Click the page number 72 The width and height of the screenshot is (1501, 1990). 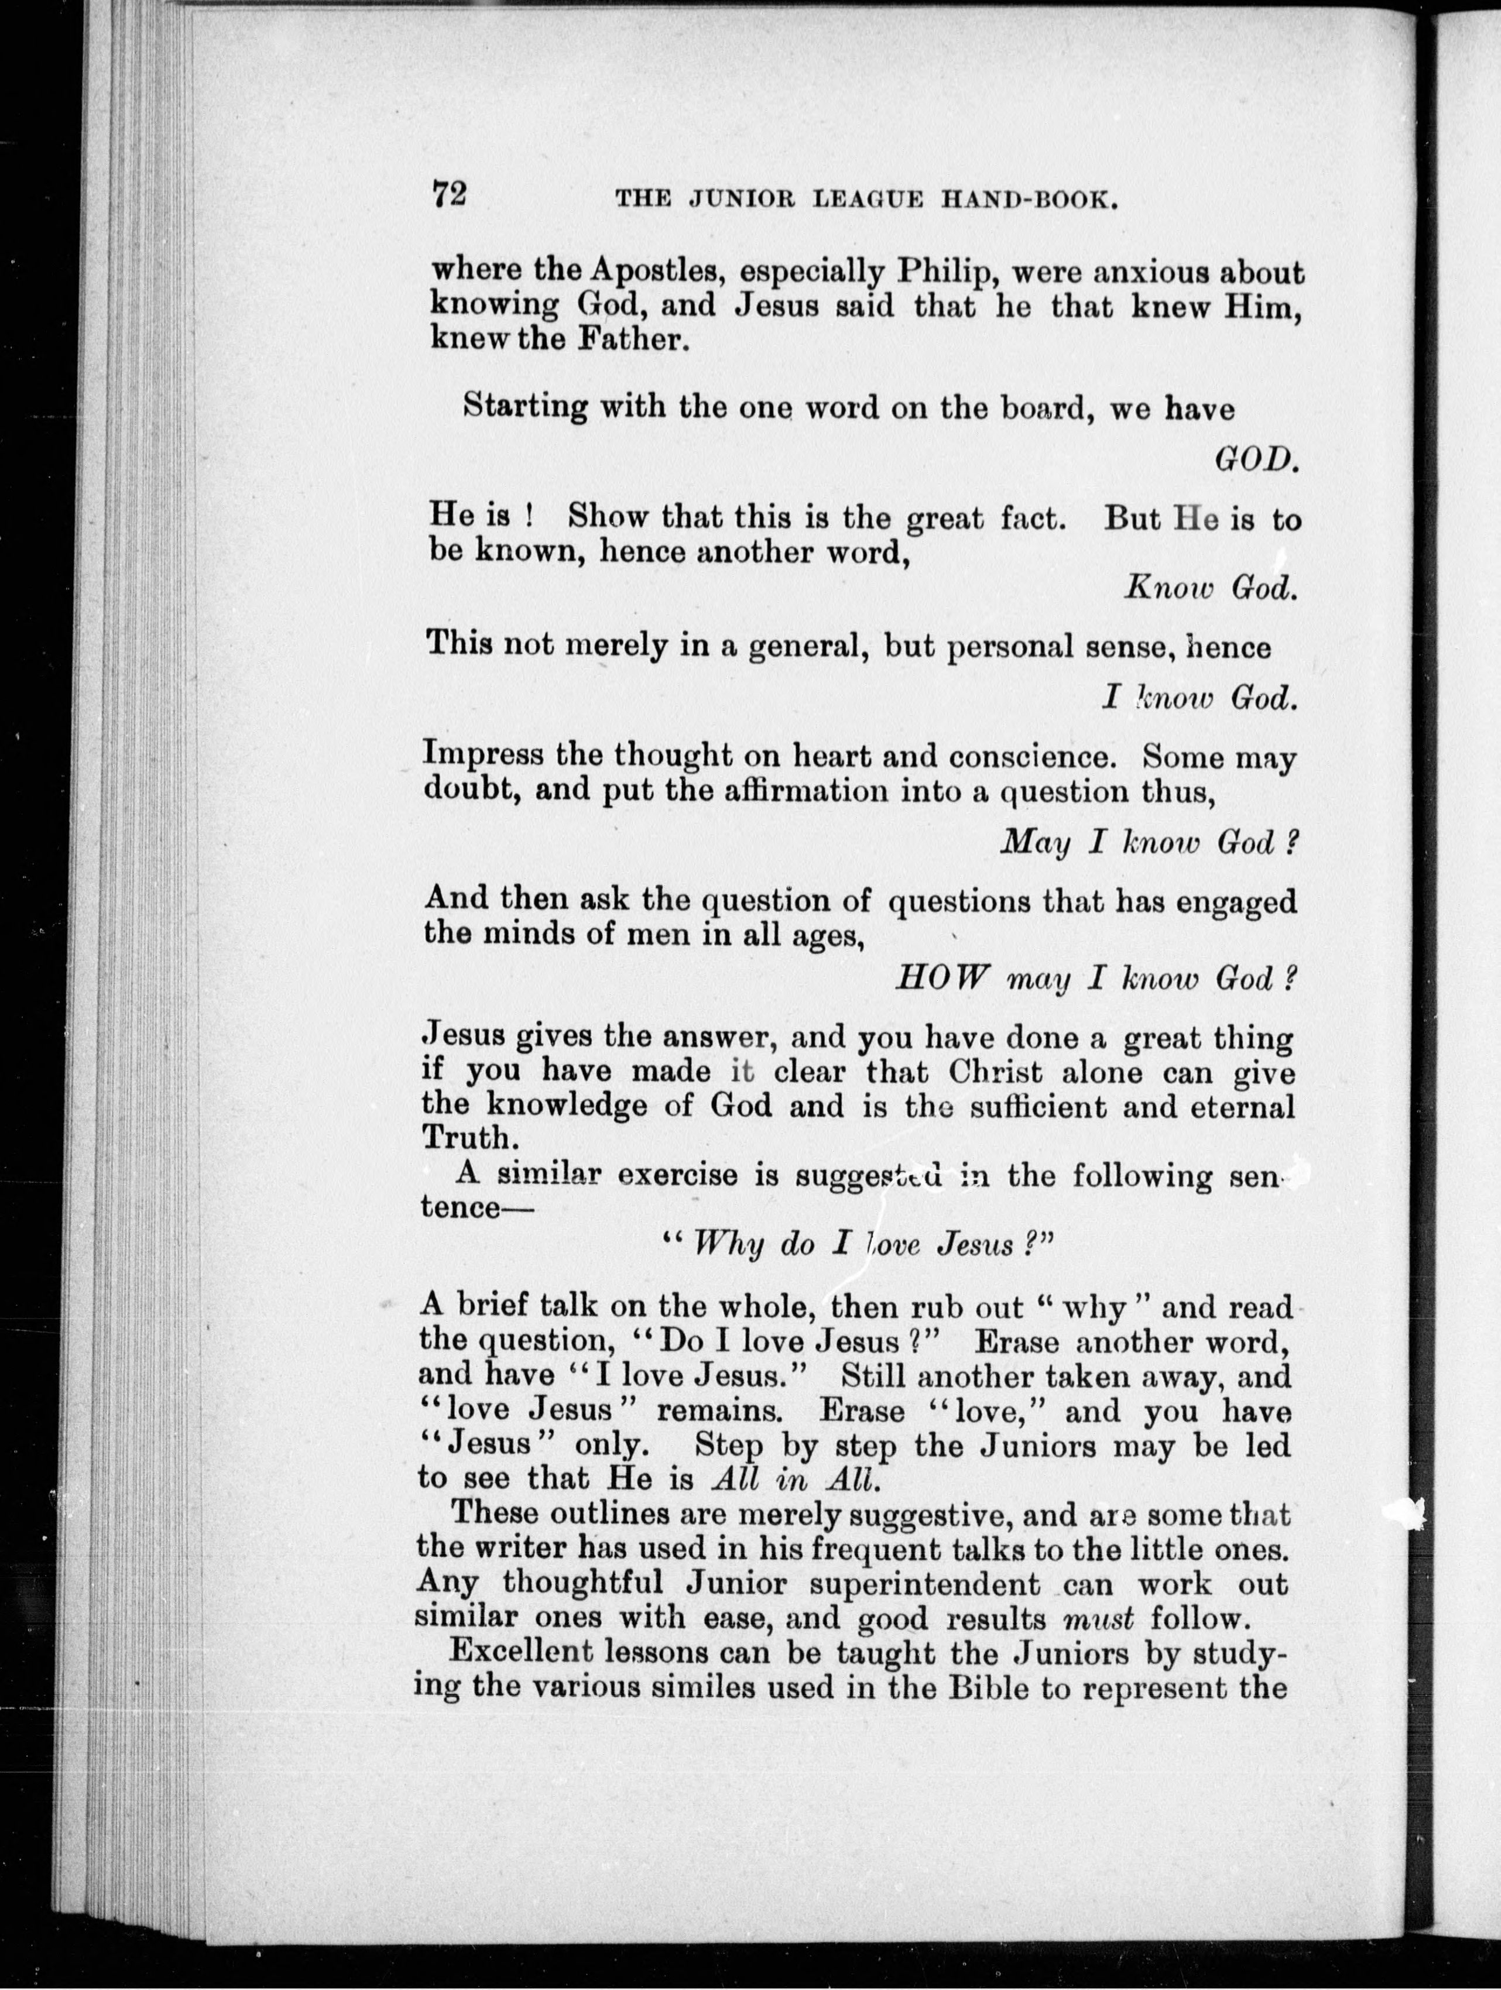(x=448, y=194)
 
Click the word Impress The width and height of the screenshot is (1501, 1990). (x=482, y=754)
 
